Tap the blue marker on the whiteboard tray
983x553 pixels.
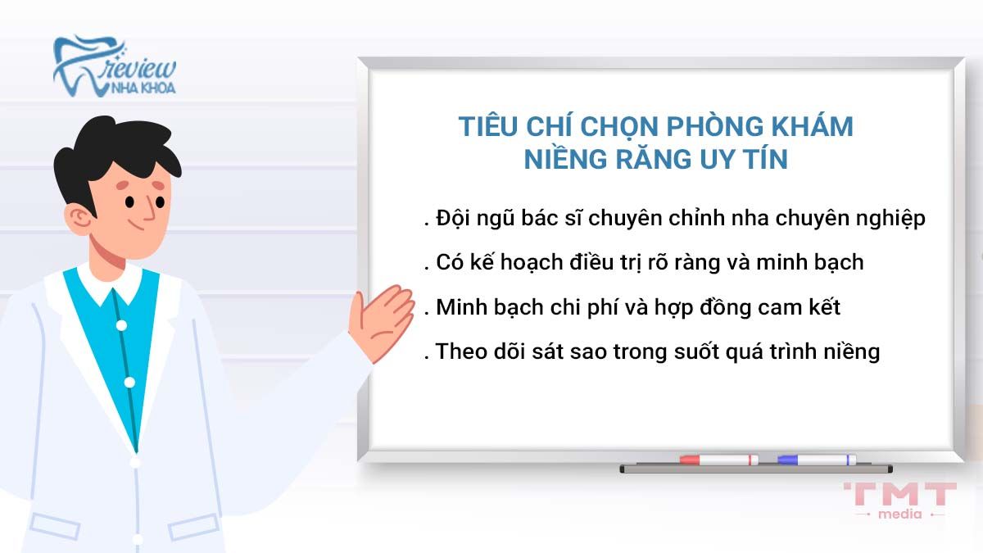[x=816, y=460]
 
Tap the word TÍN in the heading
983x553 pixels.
[x=763, y=159]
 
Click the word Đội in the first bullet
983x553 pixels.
[x=455, y=220]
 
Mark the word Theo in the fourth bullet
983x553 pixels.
[x=461, y=351]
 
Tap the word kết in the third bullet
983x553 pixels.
[x=822, y=307]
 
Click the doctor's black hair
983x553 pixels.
[x=115, y=147]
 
